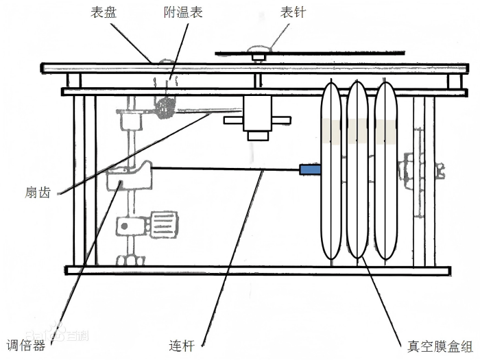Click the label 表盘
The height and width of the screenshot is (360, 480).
(x=103, y=12)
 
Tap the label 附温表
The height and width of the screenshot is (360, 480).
(x=183, y=12)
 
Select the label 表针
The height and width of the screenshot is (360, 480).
(x=293, y=12)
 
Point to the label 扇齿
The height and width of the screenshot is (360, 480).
(x=38, y=193)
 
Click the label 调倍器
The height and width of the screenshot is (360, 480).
(x=26, y=346)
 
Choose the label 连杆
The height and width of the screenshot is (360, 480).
(x=182, y=346)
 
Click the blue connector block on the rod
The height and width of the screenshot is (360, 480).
(x=310, y=170)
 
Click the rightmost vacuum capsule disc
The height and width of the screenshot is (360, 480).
(x=386, y=170)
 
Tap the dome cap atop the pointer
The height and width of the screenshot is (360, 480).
(x=259, y=49)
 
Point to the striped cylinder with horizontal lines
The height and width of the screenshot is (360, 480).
(x=164, y=225)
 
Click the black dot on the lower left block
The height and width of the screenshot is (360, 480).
(x=124, y=226)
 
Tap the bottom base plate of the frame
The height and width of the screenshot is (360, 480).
(x=259, y=270)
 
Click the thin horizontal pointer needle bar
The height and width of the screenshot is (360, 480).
(x=310, y=53)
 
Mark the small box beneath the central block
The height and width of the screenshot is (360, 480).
(x=258, y=136)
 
